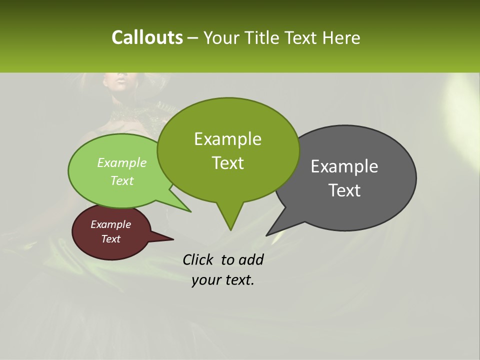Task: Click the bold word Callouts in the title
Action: coord(147,37)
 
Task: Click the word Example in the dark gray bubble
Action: coord(344,166)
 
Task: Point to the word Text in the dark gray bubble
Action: coord(344,190)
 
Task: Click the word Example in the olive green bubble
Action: coord(227,139)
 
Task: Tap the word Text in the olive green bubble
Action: coord(227,163)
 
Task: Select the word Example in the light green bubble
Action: coord(122,162)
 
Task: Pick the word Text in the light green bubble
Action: coord(122,180)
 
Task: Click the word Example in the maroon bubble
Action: coord(110,224)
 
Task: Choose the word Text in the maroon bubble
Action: coord(110,239)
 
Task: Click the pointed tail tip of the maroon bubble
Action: coord(173,239)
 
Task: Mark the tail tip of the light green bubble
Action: coord(190,211)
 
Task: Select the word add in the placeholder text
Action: coord(251,259)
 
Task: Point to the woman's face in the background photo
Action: coord(118,80)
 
